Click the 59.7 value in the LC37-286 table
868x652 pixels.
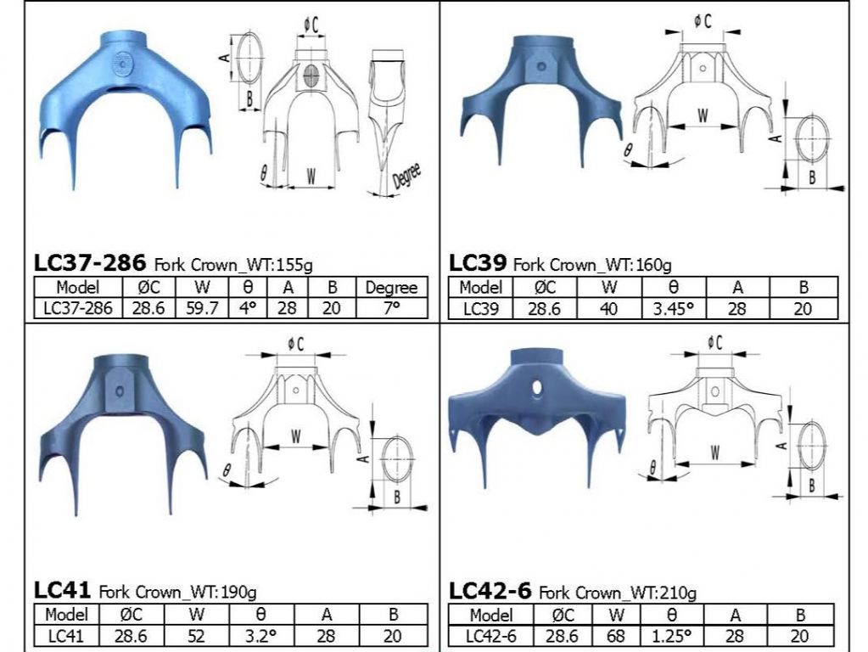tap(202, 308)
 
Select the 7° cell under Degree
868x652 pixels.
tap(391, 307)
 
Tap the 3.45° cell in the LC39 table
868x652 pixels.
tap(673, 308)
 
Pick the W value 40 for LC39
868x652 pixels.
tap(608, 308)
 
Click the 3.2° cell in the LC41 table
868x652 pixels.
tap(260, 635)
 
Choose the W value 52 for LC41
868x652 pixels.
tap(196, 635)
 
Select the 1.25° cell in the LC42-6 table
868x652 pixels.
tap(671, 635)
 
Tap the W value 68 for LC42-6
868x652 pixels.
tap(615, 635)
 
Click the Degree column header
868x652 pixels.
tap(391, 288)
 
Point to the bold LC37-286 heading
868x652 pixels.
tap(90, 262)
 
